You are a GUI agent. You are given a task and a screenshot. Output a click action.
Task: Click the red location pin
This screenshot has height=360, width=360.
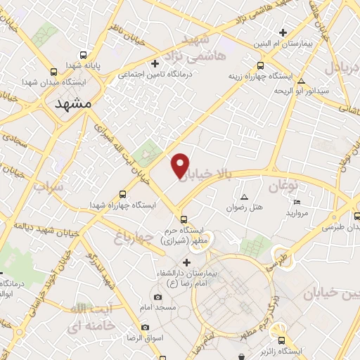pyautogui.click(x=181, y=165)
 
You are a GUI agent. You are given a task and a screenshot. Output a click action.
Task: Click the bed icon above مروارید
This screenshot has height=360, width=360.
pyautogui.click(x=297, y=202)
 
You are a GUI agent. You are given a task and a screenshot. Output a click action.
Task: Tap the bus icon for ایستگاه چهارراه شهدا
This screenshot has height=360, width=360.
pyautogui.click(x=123, y=193)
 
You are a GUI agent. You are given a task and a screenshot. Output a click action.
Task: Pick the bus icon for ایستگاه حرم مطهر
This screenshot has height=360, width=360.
pyautogui.click(x=184, y=219)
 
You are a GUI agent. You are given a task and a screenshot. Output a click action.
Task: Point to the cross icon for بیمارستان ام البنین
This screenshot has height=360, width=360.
pyautogui.click(x=283, y=32)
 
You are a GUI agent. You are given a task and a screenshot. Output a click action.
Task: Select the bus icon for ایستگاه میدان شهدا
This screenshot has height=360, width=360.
pyautogui.click(x=54, y=72)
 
